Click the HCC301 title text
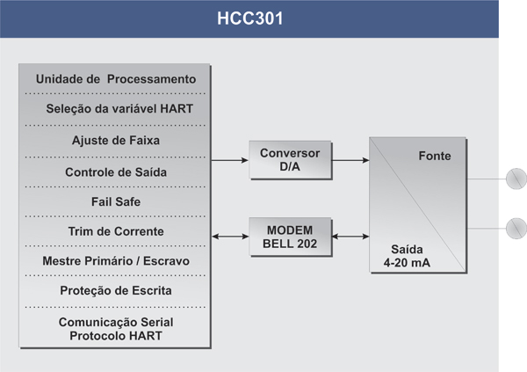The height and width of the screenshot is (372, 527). [x=249, y=18]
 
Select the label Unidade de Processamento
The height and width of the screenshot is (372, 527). [x=116, y=79]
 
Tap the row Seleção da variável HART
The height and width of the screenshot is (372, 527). [x=119, y=109]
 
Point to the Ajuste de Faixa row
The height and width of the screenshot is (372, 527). [x=116, y=141]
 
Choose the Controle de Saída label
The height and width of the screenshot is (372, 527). [x=116, y=172]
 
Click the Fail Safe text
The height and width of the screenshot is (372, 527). [x=116, y=201]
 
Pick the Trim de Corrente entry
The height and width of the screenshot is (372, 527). [x=116, y=231]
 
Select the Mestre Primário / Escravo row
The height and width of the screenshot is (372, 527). [x=116, y=261]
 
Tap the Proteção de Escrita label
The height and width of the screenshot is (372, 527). [x=116, y=290]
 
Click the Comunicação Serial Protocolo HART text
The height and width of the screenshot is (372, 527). [x=116, y=329]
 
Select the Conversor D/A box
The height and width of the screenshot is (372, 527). [x=291, y=160]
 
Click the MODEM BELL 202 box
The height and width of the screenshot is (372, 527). [x=291, y=237]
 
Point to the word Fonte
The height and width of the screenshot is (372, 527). [x=435, y=156]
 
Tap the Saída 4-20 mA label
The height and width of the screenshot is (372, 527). [x=407, y=256]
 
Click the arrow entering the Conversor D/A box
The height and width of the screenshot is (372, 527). [x=230, y=160]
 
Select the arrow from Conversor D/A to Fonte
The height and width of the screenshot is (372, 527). [x=350, y=160]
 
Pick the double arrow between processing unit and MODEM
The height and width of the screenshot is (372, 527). [x=230, y=237]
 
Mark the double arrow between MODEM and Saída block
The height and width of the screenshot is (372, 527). [x=350, y=237]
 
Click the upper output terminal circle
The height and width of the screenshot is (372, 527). [x=516, y=179]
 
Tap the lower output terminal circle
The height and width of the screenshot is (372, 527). [x=516, y=229]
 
